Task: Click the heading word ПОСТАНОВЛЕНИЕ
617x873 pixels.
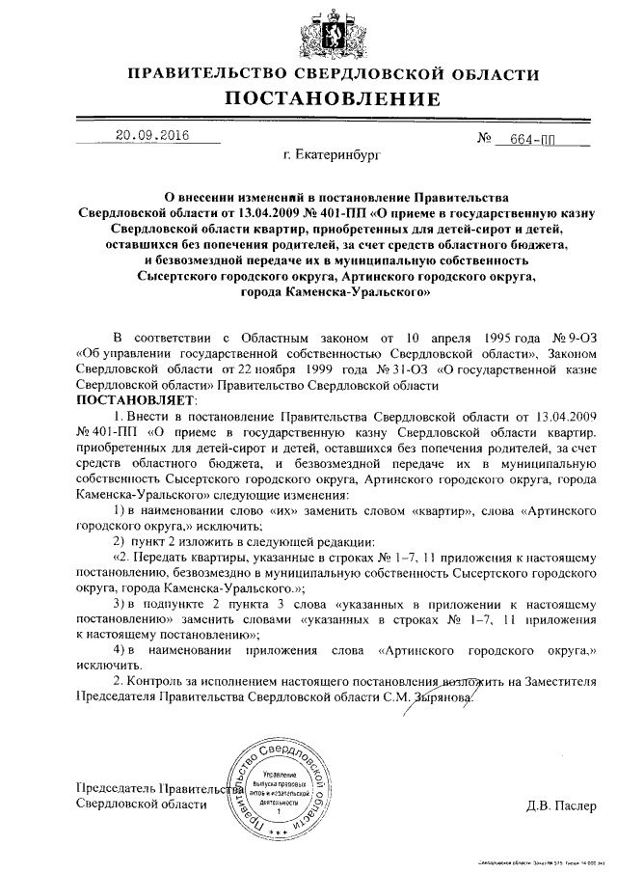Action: click(333, 98)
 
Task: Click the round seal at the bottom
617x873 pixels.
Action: click(280, 790)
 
